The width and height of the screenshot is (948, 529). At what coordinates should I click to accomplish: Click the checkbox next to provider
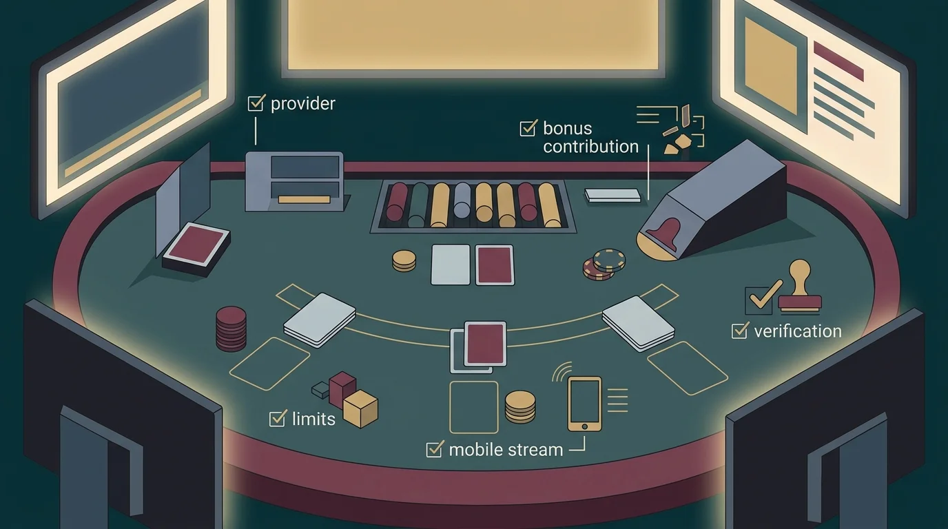point(256,103)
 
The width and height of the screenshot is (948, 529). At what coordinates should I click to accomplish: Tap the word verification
point(798,331)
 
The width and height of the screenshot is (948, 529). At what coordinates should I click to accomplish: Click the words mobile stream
point(506,450)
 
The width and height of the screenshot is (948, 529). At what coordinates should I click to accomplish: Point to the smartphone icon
point(584,404)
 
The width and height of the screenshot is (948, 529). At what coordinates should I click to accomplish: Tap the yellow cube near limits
point(360,408)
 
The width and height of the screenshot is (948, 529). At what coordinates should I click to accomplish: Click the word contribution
point(591,147)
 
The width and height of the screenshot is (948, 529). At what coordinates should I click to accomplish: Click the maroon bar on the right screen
point(838,61)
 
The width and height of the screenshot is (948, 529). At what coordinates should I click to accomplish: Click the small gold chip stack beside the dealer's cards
point(404,260)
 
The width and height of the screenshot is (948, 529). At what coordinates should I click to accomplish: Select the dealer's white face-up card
point(451,264)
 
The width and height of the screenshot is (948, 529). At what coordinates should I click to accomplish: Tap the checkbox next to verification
point(740,331)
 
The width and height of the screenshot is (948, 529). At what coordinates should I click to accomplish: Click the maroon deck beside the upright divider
point(196,249)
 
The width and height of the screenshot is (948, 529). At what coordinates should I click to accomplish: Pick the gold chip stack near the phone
point(520,406)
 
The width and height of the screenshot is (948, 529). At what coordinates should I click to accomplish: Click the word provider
point(303,104)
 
